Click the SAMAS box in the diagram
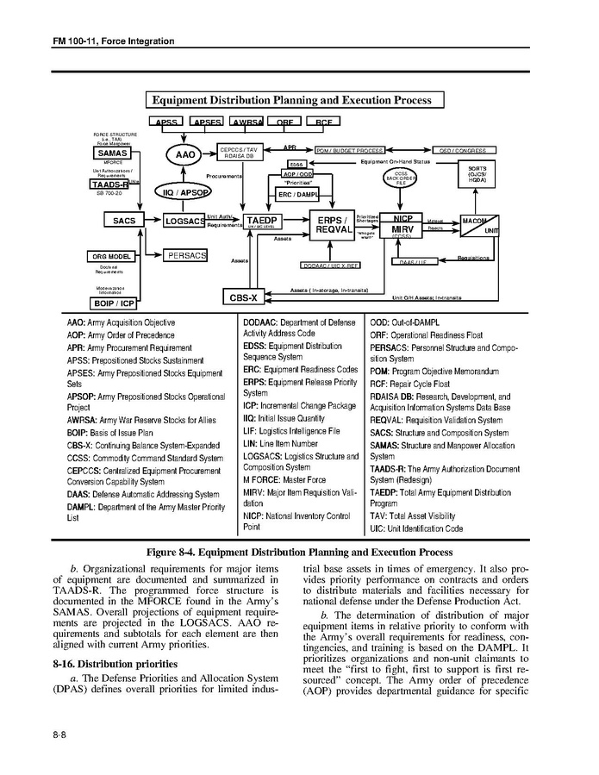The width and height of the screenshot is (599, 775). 111,153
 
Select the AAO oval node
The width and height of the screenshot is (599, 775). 186,154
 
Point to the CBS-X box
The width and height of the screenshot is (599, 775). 243,297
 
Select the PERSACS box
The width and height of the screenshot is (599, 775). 186,256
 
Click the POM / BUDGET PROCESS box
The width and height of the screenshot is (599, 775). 343,151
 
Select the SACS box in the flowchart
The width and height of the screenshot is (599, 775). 124,221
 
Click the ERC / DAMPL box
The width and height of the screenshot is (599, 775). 296,195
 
